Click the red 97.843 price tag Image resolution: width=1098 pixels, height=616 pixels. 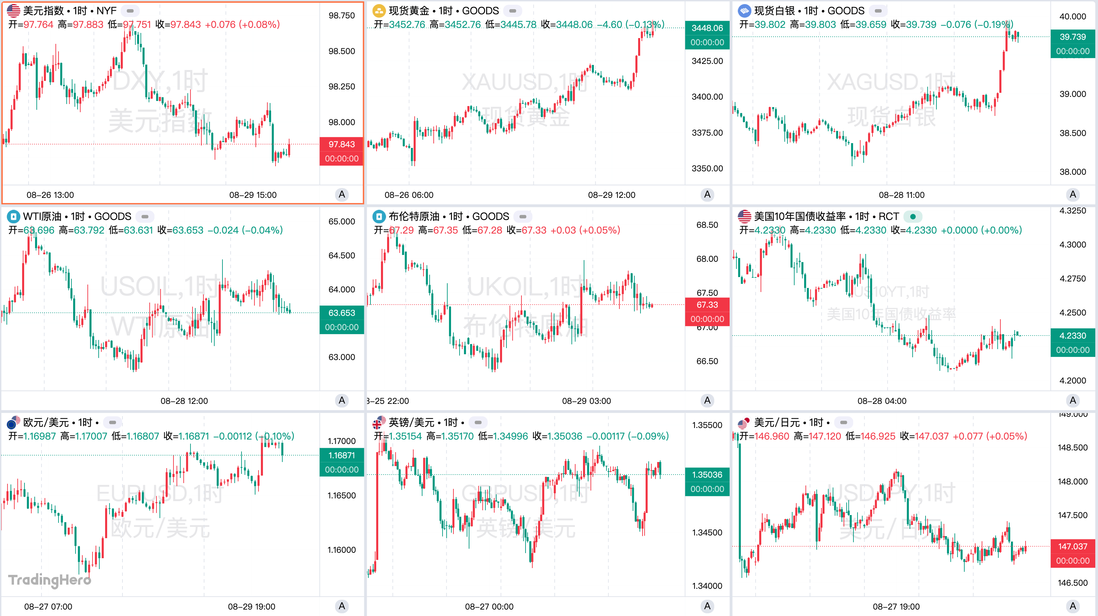342,144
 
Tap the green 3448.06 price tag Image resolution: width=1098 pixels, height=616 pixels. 707,28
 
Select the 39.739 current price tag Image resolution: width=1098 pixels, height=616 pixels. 1072,37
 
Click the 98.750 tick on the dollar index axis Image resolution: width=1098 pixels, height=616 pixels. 342,16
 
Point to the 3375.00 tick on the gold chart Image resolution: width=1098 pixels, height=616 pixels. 707,133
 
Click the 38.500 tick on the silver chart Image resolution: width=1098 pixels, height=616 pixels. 1072,133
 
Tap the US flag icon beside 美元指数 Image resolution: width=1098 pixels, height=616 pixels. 13,11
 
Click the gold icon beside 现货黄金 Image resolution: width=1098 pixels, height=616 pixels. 379,11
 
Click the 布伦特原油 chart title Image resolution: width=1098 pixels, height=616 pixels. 414,217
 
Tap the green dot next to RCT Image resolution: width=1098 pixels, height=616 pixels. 913,217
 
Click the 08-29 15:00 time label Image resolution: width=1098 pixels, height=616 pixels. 253,195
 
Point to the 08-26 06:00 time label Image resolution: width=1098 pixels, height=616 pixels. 409,195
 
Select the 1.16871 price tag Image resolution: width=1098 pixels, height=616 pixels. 342,456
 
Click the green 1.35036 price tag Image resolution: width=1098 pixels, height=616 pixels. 707,475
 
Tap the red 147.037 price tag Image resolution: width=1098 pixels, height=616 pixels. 1072,547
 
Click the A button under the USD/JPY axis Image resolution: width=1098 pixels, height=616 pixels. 1072,606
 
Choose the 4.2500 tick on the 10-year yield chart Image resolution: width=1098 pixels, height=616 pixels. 1072,313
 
